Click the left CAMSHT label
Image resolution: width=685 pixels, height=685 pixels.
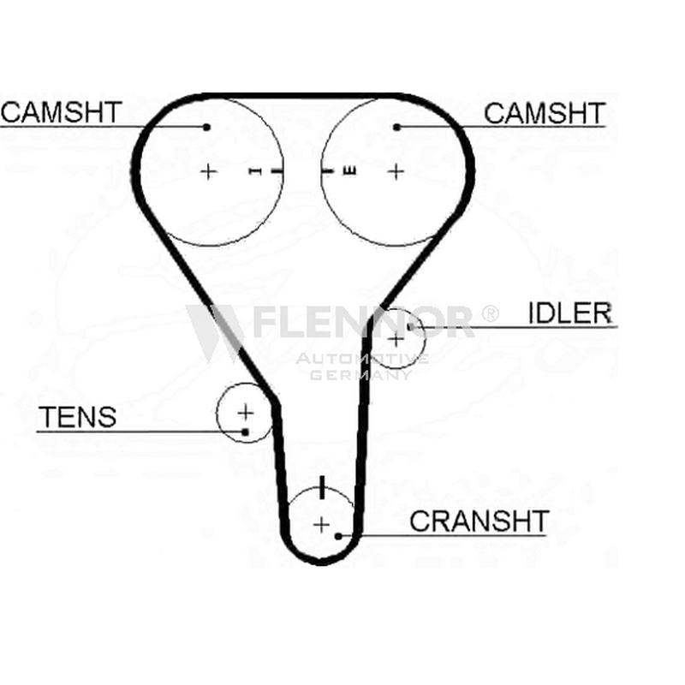coord(61,112)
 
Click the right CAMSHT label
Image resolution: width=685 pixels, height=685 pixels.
coord(545,113)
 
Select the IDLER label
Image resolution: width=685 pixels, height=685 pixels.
coord(570,313)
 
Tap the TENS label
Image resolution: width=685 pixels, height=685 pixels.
coord(78,417)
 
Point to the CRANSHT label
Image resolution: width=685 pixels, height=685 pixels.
coord(479,521)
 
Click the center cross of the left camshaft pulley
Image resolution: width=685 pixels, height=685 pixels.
coord(208,172)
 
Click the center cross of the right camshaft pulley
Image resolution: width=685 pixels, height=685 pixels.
coord(396,172)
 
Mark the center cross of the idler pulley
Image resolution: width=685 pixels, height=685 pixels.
coord(396,339)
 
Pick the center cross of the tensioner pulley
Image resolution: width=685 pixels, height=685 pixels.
coord(246,412)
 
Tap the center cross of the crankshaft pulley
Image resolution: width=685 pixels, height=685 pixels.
coord(322,525)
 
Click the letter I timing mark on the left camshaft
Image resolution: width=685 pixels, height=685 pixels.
coord(255,171)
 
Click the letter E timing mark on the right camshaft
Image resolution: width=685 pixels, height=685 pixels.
coord(349,171)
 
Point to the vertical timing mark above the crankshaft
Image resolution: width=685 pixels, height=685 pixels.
coord(323,487)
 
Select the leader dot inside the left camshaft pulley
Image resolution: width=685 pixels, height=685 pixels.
coord(206,127)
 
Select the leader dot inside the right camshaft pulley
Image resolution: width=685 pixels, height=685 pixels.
coord(396,127)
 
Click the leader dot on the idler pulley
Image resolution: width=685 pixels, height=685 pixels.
coord(410,326)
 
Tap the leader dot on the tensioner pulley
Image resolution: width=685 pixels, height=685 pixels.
coord(245,432)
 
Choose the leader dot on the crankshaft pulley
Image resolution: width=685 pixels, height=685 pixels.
coord(338,536)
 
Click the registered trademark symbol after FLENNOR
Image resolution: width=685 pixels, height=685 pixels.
coord(490,313)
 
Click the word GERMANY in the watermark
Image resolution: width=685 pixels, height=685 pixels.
coord(360,375)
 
